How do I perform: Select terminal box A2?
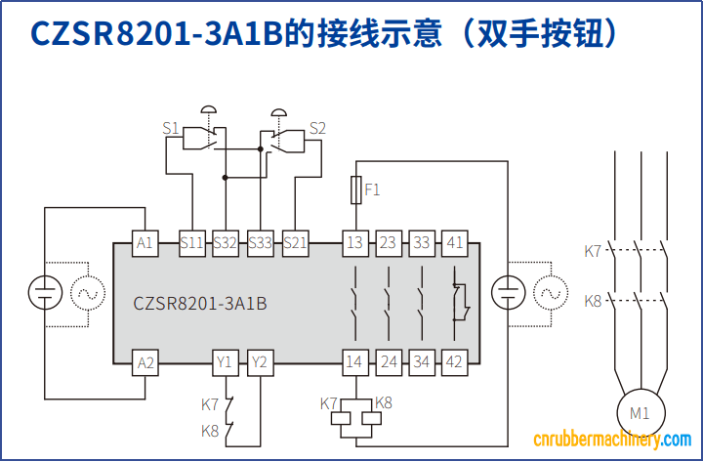tap(145, 362)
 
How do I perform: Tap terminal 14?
tap(354, 362)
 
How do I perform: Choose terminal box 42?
tap(454, 362)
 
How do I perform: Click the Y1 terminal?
tap(226, 362)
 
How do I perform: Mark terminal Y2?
tap(259, 362)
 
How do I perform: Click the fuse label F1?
tap(372, 189)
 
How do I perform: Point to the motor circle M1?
tap(639, 412)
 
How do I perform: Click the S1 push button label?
tap(171, 128)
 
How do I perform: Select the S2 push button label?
tap(317, 128)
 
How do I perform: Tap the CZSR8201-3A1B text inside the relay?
tap(200, 303)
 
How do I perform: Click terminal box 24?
tap(388, 362)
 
